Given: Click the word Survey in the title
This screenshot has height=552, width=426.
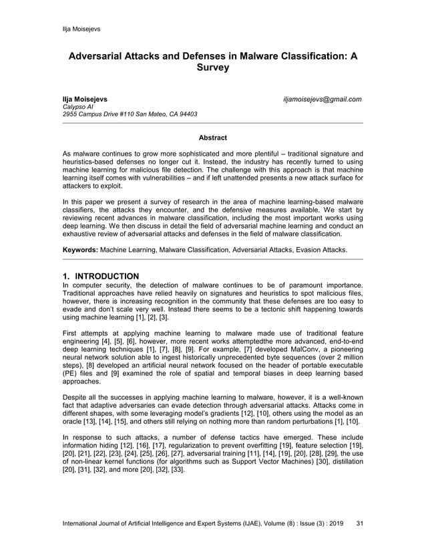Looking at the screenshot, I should [x=212, y=68].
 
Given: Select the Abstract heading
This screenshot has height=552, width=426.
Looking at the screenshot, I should [x=212, y=138].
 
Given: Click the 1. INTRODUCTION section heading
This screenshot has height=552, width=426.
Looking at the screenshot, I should [x=100, y=276].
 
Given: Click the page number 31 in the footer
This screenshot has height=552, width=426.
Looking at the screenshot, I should [x=361, y=523].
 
